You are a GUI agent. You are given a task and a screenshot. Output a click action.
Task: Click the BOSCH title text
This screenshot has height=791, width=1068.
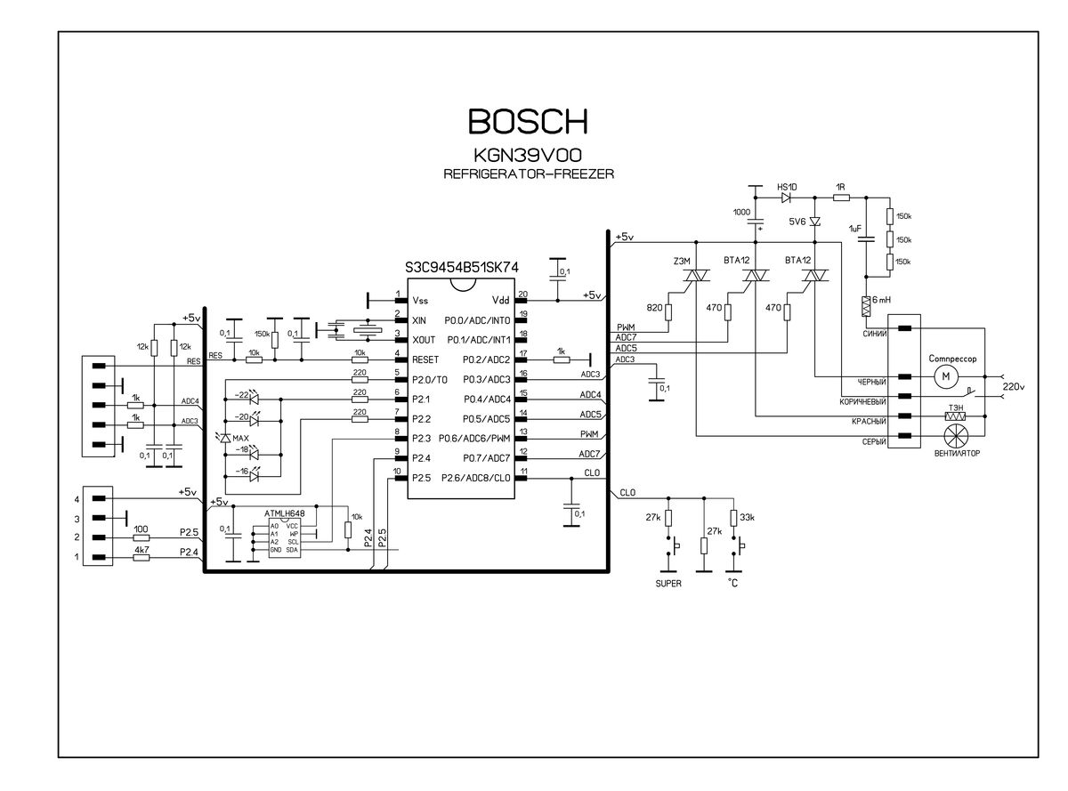tap(528, 122)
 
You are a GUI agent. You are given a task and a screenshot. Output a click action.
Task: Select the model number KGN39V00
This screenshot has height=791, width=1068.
tap(528, 154)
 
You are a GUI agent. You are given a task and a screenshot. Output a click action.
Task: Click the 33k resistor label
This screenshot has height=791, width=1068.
tap(747, 517)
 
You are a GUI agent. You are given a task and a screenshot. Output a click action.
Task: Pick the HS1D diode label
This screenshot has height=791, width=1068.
tap(787, 188)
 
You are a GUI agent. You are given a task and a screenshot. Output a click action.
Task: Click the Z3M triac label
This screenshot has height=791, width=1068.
tap(683, 260)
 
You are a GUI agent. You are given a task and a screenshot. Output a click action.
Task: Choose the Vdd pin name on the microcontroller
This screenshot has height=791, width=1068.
tap(502, 302)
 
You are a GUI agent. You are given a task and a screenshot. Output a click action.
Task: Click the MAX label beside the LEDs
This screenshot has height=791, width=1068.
tap(240, 438)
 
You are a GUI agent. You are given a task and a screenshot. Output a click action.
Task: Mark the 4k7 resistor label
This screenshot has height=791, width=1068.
tap(141, 552)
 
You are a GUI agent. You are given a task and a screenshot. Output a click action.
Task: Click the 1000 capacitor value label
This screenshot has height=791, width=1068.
tap(741, 212)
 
